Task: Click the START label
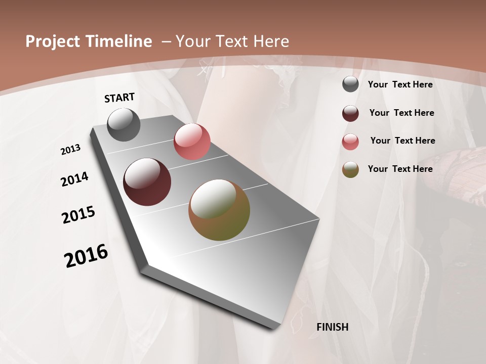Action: (x=119, y=98)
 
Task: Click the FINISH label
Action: (x=332, y=327)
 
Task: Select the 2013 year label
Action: (x=70, y=150)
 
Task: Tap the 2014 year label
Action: (x=74, y=179)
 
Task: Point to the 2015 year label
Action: (x=78, y=215)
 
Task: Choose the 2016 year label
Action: (x=86, y=255)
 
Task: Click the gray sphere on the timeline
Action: (x=124, y=125)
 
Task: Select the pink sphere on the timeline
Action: (x=192, y=142)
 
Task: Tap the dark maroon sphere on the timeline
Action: (x=147, y=182)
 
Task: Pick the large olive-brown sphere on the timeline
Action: (x=219, y=210)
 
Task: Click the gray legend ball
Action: (x=350, y=84)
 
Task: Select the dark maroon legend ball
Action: (x=350, y=113)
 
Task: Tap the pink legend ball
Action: (x=350, y=142)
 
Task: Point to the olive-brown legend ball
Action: (x=350, y=169)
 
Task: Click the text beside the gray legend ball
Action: (x=400, y=84)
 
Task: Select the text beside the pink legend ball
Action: (x=402, y=141)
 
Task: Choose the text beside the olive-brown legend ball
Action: (x=400, y=169)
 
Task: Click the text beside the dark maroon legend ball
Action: (x=401, y=113)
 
